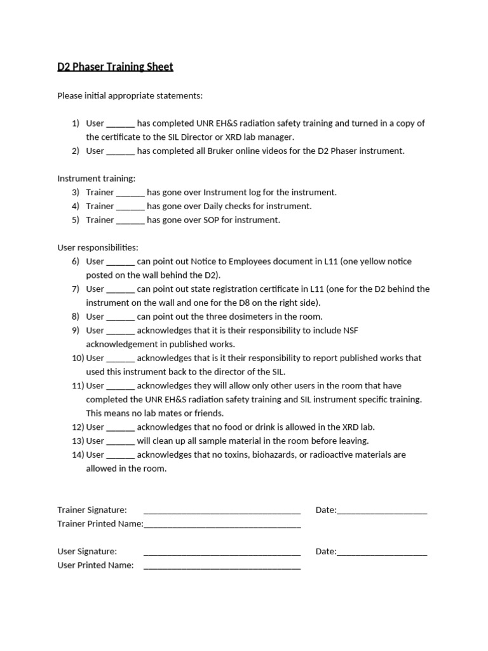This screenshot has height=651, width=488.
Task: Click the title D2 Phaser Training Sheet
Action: [115, 67]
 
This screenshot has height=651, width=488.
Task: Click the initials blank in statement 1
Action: [120, 124]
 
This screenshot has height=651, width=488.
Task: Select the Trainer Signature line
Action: [222, 511]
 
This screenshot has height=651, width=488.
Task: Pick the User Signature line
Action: [222, 552]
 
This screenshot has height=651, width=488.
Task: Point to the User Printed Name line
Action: [222, 566]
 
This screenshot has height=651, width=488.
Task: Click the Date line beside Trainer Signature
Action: [382, 511]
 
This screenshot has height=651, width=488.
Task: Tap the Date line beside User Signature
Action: [382, 552]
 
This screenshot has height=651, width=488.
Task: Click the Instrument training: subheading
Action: [96, 179]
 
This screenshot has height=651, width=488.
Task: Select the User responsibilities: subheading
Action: [98, 247]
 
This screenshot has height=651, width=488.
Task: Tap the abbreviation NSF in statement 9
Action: [351, 331]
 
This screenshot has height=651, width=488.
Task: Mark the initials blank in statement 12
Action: [120, 428]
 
